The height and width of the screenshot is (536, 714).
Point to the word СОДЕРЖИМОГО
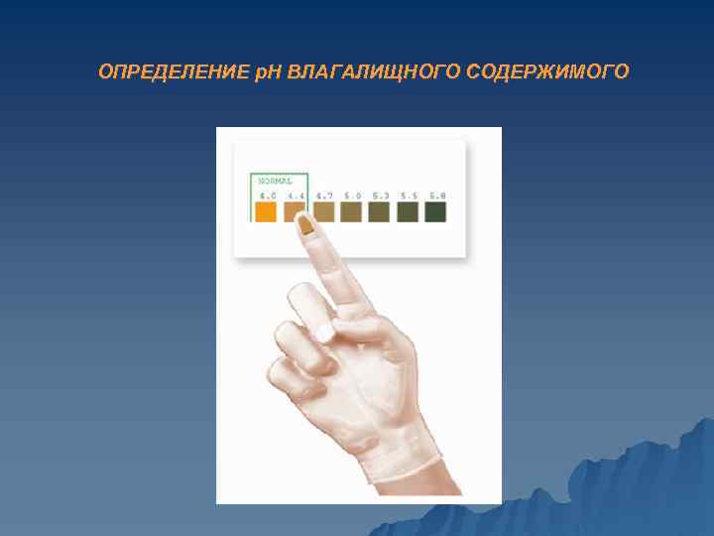540,72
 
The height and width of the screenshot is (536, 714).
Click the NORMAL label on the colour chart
275,181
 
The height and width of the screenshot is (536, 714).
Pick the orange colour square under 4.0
267,211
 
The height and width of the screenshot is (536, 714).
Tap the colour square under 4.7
323,211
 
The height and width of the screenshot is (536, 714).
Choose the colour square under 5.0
351,211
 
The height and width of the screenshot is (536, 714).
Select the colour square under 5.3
379,211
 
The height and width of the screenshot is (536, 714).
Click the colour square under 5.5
408,211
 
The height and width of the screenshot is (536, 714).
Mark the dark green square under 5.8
435,211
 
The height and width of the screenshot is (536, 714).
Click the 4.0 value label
268,196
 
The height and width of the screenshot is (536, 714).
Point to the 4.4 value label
296,196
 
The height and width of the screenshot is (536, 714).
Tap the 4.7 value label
324,196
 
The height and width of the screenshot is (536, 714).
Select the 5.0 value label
352,196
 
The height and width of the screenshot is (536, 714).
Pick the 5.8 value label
436,196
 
